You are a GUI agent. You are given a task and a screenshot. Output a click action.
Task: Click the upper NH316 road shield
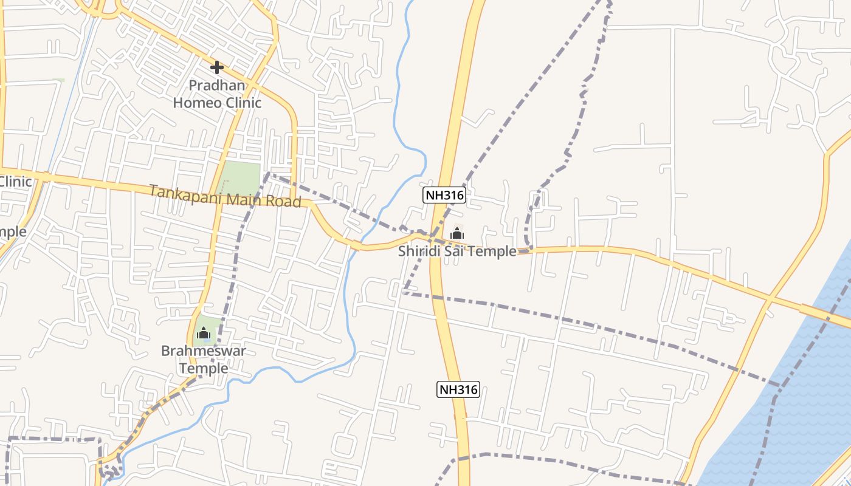click(444, 195)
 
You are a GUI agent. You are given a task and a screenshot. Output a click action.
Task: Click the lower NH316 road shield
click(458, 389)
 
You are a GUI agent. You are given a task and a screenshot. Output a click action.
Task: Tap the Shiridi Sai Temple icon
click(457, 233)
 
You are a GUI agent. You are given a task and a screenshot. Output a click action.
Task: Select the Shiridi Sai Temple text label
click(457, 251)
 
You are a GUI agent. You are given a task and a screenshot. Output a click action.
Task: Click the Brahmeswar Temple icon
click(204, 333)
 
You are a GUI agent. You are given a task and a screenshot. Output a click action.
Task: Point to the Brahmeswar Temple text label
click(204, 360)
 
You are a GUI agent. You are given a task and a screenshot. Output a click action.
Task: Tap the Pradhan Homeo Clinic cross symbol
click(216, 67)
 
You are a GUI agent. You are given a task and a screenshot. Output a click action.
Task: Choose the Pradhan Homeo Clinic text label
click(217, 94)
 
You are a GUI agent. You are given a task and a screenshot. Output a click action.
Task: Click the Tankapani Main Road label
click(226, 196)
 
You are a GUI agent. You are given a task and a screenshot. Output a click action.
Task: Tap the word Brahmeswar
click(204, 351)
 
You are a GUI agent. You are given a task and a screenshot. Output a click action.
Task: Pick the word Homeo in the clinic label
click(198, 102)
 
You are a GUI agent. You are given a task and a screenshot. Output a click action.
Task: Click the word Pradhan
click(217, 85)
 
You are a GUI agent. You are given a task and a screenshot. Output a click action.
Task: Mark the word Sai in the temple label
click(454, 251)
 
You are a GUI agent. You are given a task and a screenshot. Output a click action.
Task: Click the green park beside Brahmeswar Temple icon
click(207, 326)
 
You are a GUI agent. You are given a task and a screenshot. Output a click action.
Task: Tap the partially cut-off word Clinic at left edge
click(15, 181)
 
